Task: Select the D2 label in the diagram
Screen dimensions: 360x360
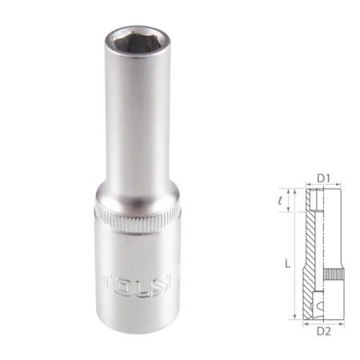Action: tap(324, 328)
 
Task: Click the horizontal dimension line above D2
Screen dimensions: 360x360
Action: tap(323, 319)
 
